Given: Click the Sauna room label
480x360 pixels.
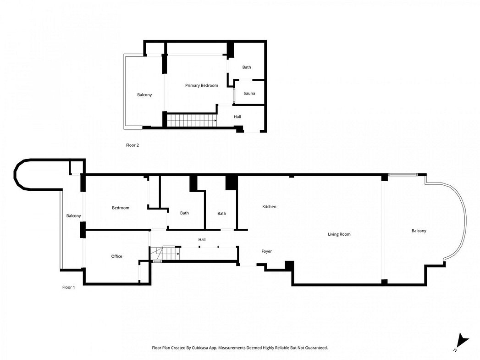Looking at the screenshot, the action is [249, 94].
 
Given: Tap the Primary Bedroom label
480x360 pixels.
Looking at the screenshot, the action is [201, 85].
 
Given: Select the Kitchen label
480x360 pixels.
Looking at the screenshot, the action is [269, 207].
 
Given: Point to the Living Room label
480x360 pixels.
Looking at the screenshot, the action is [339, 234].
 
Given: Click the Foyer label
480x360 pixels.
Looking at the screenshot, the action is [266, 251].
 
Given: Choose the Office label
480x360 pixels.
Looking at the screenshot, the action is [116, 256].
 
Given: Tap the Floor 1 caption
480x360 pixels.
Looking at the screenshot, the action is [69, 287].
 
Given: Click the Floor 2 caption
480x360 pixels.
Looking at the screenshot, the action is [132, 145].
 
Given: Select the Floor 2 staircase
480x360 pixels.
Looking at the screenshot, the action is [192, 120].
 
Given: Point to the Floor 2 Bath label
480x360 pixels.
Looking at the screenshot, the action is [247, 67].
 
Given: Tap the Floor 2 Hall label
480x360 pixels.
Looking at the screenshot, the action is [237, 116].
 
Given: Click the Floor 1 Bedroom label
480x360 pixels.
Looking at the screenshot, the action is [120, 208].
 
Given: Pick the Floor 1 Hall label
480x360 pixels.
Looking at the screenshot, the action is [202, 240].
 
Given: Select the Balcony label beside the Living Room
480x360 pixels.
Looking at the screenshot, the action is [419, 231].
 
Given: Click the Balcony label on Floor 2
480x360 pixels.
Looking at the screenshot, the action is [144, 95].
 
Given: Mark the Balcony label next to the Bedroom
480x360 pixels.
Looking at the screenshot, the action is [73, 216].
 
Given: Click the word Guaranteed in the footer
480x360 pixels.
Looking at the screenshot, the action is [317, 348].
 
